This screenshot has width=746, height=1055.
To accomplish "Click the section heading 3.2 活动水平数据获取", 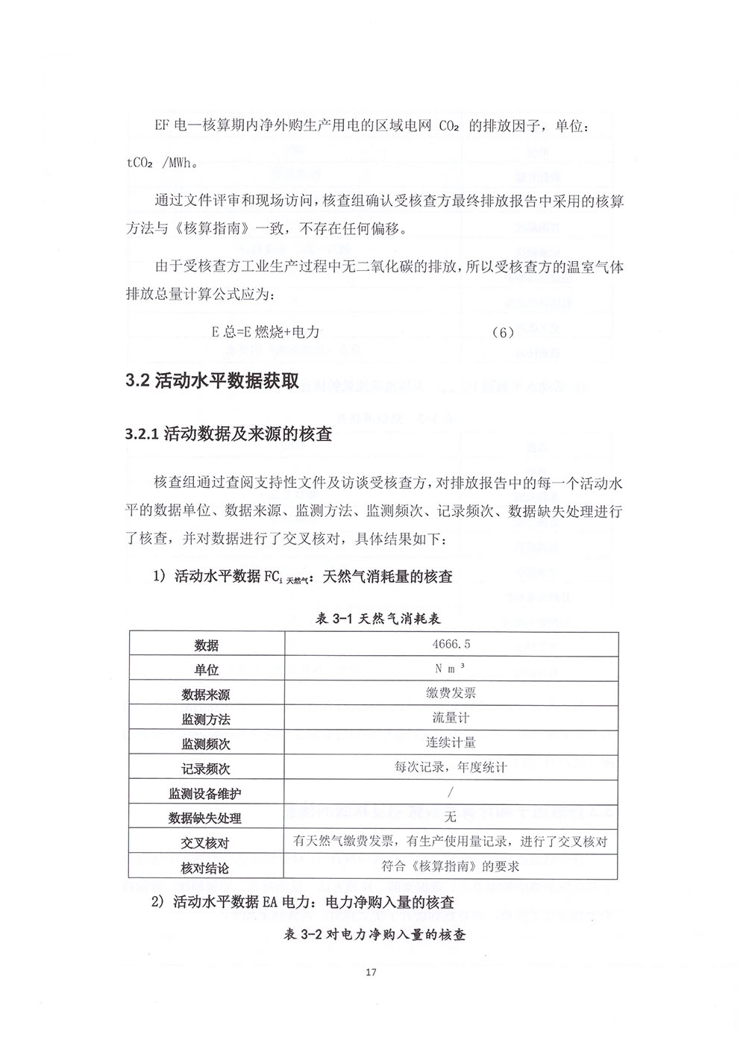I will click(213, 381).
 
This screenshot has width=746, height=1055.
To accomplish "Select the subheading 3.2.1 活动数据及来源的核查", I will click(229, 434).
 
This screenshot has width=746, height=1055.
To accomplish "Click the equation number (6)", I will click(504, 332).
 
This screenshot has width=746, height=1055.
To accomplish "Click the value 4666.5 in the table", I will click(451, 644).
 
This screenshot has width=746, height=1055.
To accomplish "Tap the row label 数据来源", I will click(206, 695).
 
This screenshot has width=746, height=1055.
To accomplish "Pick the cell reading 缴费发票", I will click(451, 693).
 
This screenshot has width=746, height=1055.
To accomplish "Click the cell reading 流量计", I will click(451, 718).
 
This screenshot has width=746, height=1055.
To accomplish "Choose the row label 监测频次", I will click(206, 744).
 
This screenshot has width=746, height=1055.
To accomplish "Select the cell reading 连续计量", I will click(451, 742).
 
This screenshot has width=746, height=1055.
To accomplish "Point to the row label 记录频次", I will click(206, 768).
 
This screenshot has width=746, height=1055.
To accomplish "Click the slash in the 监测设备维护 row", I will click(451, 792).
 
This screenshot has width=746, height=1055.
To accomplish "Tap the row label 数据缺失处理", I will click(206, 818).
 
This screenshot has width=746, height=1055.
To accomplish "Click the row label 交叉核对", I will click(206, 843).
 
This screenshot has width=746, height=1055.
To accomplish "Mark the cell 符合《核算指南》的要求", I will click(451, 866).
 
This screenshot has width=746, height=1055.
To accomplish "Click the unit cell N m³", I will click(451, 669).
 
